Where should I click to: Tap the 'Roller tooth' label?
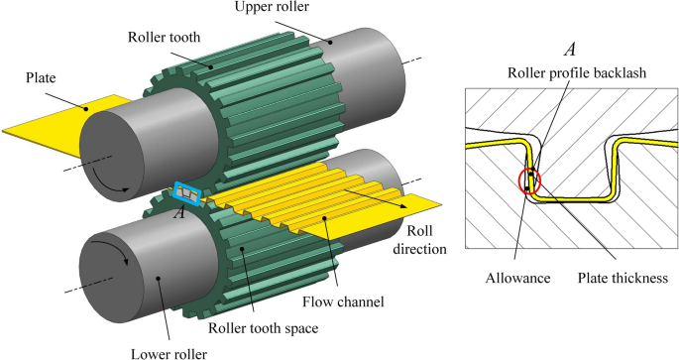pyautogui.click(x=165, y=37)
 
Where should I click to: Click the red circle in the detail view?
pyautogui.click(x=529, y=181)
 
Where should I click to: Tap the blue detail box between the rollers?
pyautogui.click(x=188, y=193)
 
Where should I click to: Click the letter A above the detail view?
pyautogui.click(x=569, y=48)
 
